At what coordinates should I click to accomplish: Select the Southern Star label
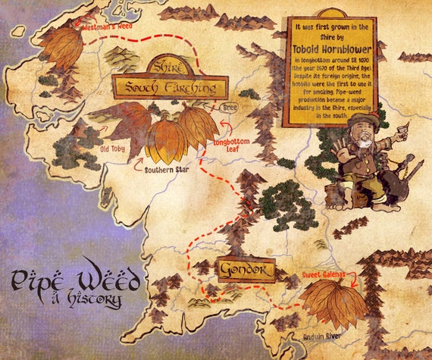[167, 171]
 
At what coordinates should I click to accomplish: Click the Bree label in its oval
[229, 108]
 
